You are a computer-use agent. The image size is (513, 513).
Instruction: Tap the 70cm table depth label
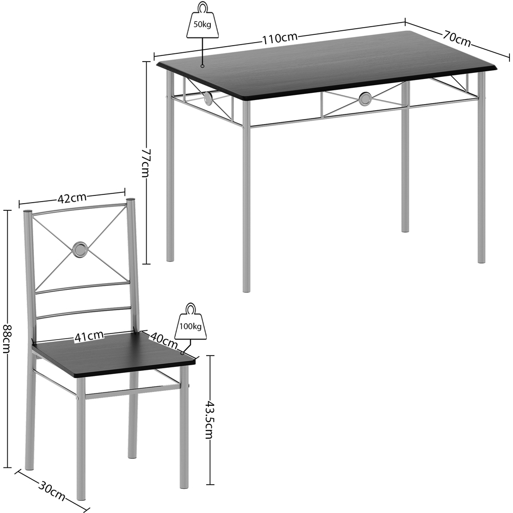pos(457,38)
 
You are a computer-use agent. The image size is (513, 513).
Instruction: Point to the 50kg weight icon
pos(202,23)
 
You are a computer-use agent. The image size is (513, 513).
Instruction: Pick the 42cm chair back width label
pos(72,198)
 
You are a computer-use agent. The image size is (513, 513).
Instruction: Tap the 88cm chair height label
pos(7,339)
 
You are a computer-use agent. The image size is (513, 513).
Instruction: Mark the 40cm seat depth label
pos(164,339)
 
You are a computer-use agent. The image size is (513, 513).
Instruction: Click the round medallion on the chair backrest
pos(80,249)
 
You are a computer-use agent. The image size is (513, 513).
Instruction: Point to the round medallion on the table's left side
pos(208,98)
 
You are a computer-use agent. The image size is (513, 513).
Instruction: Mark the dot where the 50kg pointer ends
pos(203,66)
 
